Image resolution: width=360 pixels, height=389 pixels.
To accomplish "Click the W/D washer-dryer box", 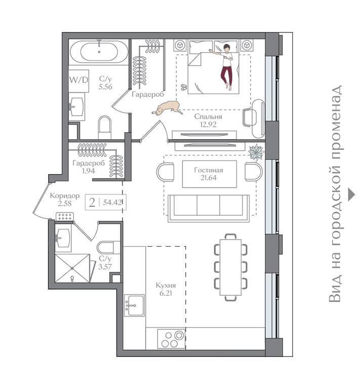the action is (79, 81).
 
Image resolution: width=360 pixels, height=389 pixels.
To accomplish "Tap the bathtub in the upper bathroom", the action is (99, 52).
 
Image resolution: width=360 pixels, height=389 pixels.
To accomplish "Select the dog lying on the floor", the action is (168, 108).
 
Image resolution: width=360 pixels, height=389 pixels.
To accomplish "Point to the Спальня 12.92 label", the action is (208, 121).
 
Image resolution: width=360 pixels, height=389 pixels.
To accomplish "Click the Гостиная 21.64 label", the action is (209, 174).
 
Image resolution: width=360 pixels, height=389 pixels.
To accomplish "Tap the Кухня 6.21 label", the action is (166, 289).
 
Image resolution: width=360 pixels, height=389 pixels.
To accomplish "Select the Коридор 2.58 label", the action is (65, 200).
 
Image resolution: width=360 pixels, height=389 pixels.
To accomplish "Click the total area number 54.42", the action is (112, 202).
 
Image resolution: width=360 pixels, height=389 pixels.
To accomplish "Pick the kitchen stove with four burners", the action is (172, 339).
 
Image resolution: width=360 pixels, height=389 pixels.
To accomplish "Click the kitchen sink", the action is (134, 305).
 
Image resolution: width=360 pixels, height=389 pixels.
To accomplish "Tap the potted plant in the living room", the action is (256, 152).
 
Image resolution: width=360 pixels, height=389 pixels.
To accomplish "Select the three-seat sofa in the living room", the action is (209, 208).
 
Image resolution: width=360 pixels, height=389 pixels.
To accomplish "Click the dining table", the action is (230, 267).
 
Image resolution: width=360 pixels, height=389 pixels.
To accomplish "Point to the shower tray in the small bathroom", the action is (72, 268).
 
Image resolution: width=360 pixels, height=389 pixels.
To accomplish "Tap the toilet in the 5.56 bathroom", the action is (105, 127).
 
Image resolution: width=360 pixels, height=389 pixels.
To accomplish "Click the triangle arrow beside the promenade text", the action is (352, 194).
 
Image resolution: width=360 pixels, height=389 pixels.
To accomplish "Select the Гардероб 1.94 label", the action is (89, 167).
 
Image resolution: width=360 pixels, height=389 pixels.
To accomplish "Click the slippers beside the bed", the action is (183, 87).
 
